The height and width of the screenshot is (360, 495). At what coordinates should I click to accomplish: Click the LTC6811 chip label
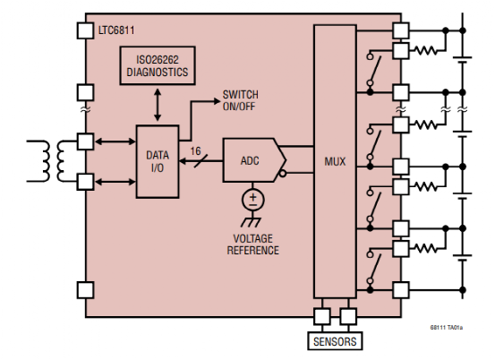tap(117, 30)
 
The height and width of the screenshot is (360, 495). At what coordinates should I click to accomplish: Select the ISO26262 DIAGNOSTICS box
tap(158, 66)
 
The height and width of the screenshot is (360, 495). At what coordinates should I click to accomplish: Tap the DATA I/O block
tap(157, 162)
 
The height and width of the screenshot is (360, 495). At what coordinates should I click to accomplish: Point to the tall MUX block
tap(334, 162)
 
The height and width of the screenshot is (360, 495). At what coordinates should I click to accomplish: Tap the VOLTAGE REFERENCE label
tap(253, 244)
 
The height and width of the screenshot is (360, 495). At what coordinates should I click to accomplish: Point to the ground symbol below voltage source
tap(254, 220)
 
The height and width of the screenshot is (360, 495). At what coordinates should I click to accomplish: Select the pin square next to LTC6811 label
tap(86, 30)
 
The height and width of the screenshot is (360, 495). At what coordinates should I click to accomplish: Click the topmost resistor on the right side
tap(431, 48)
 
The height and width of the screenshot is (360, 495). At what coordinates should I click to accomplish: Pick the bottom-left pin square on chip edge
tap(86, 290)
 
